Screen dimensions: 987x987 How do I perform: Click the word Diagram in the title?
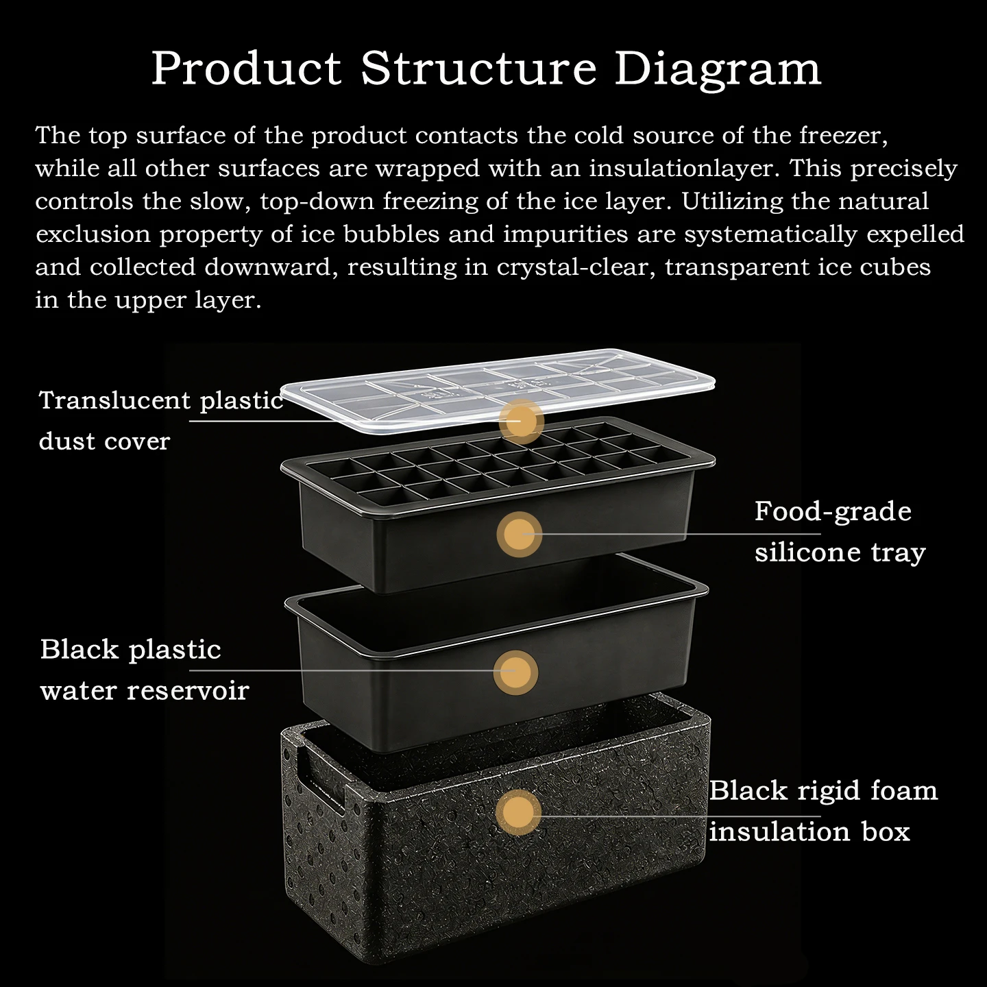718,70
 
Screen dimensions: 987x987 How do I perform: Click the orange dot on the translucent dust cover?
521,421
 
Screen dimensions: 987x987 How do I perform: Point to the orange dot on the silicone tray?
520,534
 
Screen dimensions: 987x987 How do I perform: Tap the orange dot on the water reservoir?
515,672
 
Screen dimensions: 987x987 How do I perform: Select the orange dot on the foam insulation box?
518,812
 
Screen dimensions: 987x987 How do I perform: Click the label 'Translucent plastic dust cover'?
161,421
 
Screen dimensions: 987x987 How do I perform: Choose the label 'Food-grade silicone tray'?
840,532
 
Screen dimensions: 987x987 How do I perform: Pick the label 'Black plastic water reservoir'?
145,670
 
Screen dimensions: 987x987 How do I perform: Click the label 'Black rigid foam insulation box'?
823,810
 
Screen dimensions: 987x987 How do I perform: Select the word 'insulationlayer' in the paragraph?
681,168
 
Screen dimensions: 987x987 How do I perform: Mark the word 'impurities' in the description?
565,234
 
